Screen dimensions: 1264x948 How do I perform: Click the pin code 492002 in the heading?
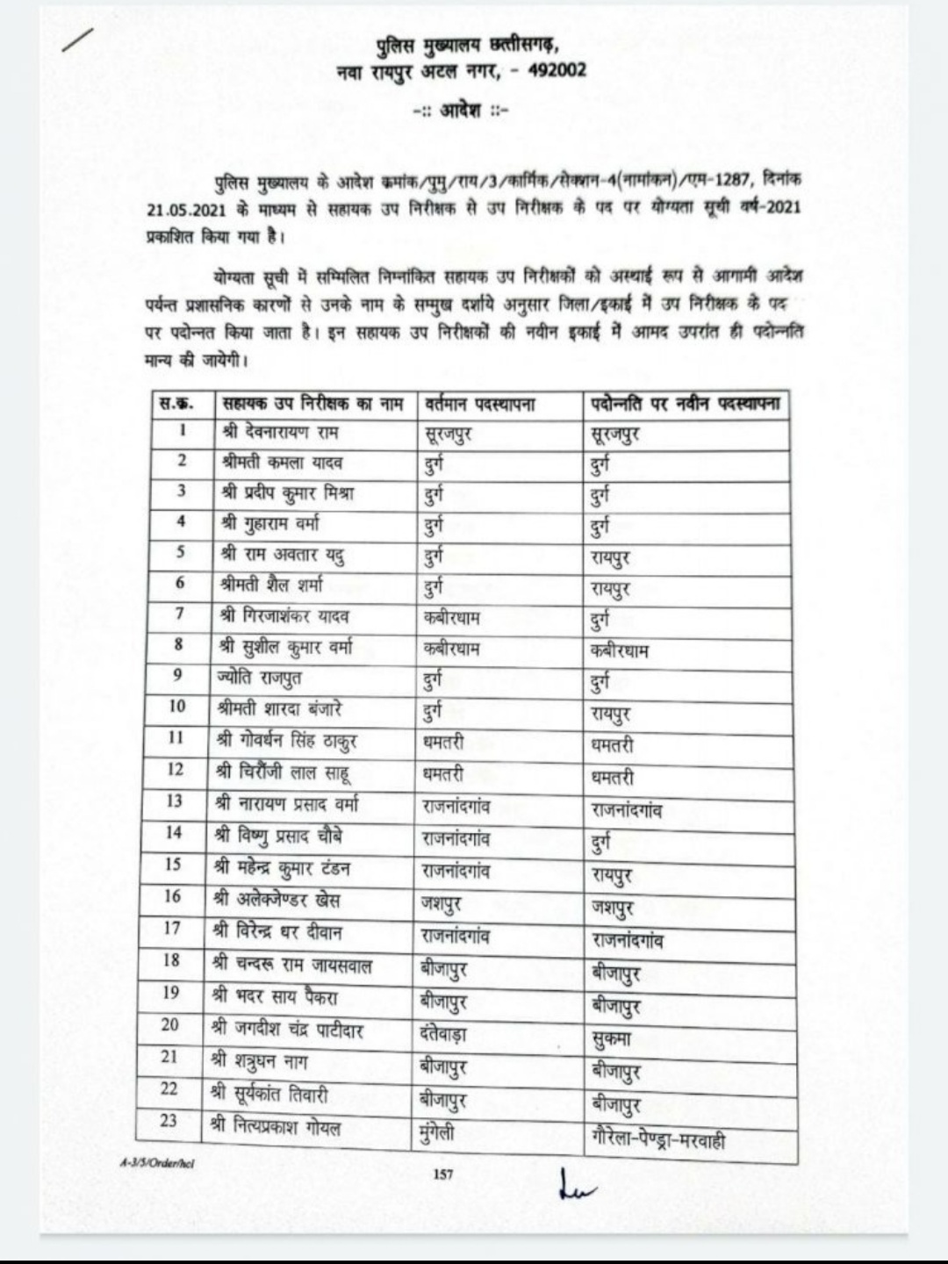coord(557,70)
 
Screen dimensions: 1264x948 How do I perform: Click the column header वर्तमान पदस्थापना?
coord(479,405)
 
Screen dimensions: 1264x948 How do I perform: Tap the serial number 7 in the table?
coord(179,614)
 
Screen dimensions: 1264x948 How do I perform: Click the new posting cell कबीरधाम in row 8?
coord(620,651)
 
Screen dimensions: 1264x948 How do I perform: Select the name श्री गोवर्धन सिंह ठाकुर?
coord(286,742)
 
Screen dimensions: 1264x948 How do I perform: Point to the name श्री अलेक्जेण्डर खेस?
coord(276,900)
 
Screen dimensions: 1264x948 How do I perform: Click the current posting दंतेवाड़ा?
coord(444,1033)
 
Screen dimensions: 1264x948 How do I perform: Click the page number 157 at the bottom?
coord(443,1174)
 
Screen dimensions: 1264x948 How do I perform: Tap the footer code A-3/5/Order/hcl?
coord(157,1163)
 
